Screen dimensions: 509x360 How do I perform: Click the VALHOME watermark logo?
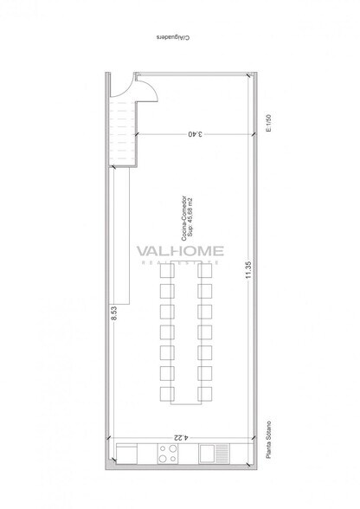coord(181,252)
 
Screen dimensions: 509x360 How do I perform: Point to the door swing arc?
coord(145,87)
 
